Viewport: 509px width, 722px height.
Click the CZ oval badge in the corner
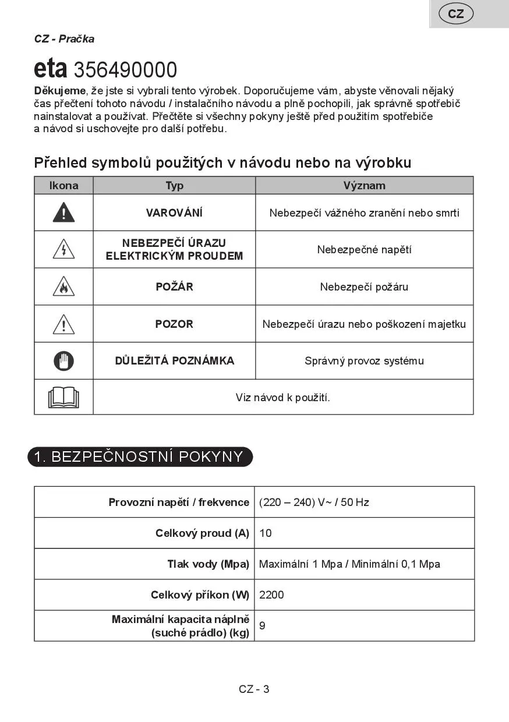(x=456, y=14)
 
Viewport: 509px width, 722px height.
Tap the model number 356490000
(x=125, y=70)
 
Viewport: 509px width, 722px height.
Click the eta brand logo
(x=51, y=69)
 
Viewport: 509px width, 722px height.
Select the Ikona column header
(x=63, y=186)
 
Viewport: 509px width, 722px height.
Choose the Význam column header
(x=364, y=186)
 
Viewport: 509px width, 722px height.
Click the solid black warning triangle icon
(x=63, y=213)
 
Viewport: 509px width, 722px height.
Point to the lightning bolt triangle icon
(x=63, y=250)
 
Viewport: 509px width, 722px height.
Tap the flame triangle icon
(x=63, y=287)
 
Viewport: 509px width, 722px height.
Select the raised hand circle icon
(x=63, y=361)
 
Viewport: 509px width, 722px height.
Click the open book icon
(x=63, y=398)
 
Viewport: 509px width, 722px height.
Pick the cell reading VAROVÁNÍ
(x=174, y=213)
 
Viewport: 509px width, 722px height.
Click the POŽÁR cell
(x=174, y=287)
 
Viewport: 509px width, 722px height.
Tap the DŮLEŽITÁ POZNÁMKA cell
(x=174, y=361)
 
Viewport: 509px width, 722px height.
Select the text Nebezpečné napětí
(x=364, y=250)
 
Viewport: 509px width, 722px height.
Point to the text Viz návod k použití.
(x=282, y=398)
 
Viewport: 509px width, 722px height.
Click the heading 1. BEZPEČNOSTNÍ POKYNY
(x=140, y=456)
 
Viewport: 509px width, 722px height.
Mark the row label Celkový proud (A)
(x=202, y=533)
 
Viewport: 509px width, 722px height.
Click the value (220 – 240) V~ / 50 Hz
(x=314, y=502)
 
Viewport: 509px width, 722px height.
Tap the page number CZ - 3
(x=254, y=689)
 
